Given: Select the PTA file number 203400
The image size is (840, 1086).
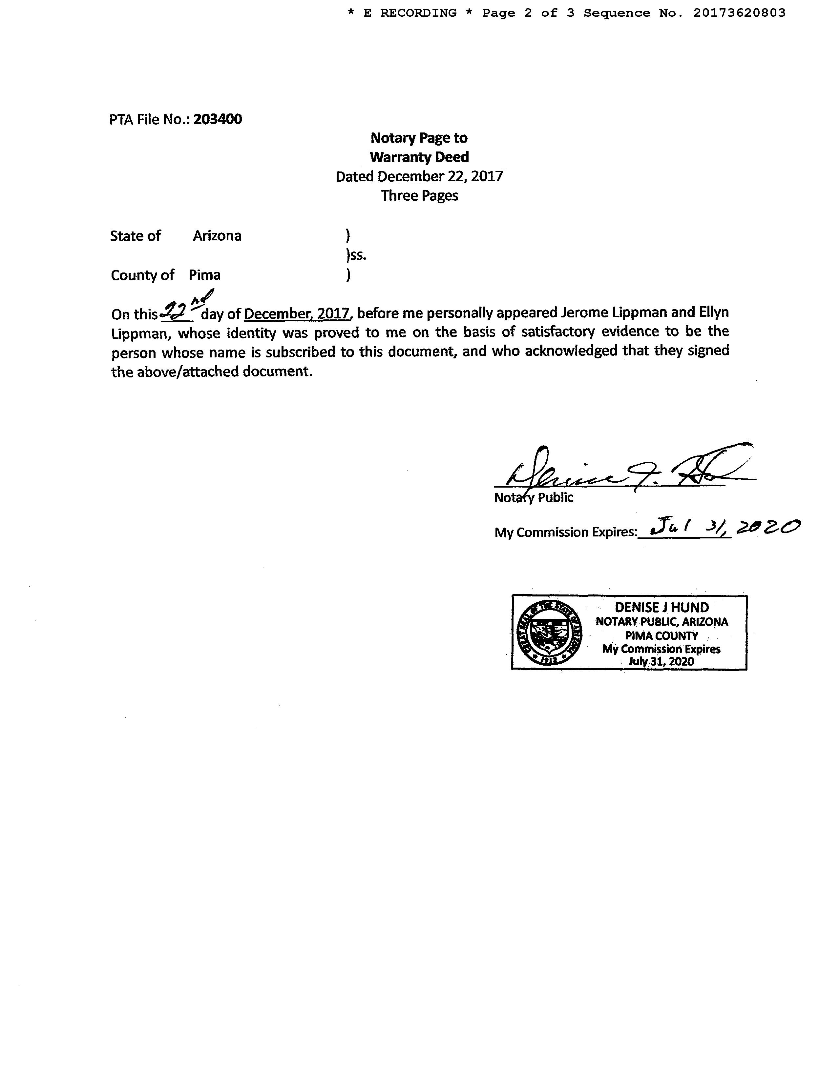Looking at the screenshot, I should (x=218, y=119).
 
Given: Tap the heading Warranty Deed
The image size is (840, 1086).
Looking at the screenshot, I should (x=419, y=157).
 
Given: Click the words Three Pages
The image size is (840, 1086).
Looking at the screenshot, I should (x=419, y=195).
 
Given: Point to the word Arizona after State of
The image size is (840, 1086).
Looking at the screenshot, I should (x=217, y=236).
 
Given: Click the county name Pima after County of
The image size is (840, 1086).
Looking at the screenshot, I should (x=204, y=275).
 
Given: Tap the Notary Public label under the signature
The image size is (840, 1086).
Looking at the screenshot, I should (x=534, y=498).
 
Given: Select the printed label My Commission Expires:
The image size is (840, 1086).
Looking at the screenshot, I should (x=565, y=533).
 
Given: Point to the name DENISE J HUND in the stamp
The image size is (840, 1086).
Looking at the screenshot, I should (x=661, y=607).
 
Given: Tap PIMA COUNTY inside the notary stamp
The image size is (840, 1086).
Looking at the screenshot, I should (x=661, y=635).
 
